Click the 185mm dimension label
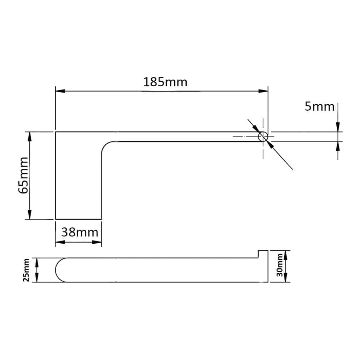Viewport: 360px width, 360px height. coord(165,82)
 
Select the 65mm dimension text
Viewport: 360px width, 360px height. coord(23,175)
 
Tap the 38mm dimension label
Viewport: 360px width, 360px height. coord(80,232)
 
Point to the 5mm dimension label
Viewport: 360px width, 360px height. coord(319,106)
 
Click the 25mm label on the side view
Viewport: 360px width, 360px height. coord(26,270)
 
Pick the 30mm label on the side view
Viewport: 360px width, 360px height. coord(280,265)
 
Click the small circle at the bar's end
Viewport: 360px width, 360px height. coord(263,137)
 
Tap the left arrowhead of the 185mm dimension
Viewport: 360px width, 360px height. coord(60,91)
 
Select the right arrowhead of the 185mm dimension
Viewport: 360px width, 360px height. coord(263,91)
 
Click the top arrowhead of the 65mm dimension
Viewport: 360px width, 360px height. coord(29,137)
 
